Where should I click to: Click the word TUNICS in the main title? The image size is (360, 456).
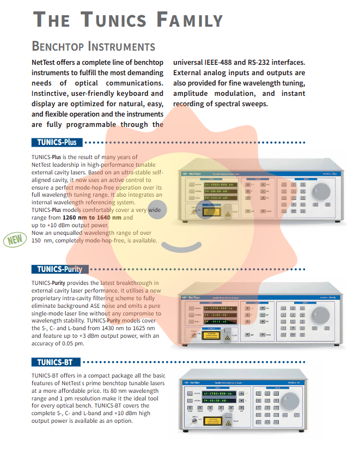[114, 20]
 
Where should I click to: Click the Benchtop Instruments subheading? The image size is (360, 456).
[94, 47]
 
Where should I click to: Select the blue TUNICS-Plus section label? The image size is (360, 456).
[57, 142]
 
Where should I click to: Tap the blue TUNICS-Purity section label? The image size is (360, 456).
[60, 269]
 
